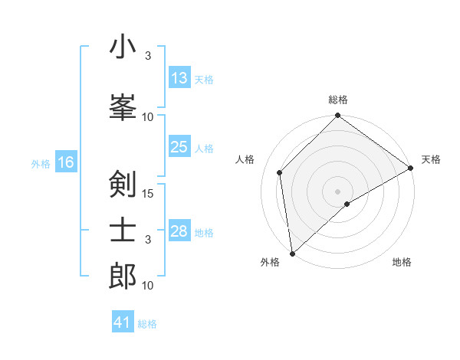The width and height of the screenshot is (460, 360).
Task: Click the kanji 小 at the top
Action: point(123,47)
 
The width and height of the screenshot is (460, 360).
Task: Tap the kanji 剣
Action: point(123,185)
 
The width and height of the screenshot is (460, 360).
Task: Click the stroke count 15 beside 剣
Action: point(148,194)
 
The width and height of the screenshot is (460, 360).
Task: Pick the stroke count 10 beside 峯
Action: point(148,117)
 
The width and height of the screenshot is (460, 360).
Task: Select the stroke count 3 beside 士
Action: point(148,240)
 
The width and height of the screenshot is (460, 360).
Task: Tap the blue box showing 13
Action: point(179,78)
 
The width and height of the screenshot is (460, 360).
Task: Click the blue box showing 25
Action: point(179,147)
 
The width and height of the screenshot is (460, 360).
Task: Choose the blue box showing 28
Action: point(179,231)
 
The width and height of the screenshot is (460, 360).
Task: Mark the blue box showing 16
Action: point(66,162)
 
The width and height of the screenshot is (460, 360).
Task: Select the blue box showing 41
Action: point(123,322)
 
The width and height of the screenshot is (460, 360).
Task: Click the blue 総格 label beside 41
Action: point(147,324)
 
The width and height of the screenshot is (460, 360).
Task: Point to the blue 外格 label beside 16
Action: point(40,163)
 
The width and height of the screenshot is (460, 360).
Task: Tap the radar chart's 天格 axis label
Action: point(431,160)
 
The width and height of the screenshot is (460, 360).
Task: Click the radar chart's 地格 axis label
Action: point(402,262)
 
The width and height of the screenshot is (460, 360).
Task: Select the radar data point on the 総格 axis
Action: point(337,116)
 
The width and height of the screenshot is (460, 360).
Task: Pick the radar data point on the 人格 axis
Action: point(280,172)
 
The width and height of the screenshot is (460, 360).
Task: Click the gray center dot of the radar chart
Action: point(337,191)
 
